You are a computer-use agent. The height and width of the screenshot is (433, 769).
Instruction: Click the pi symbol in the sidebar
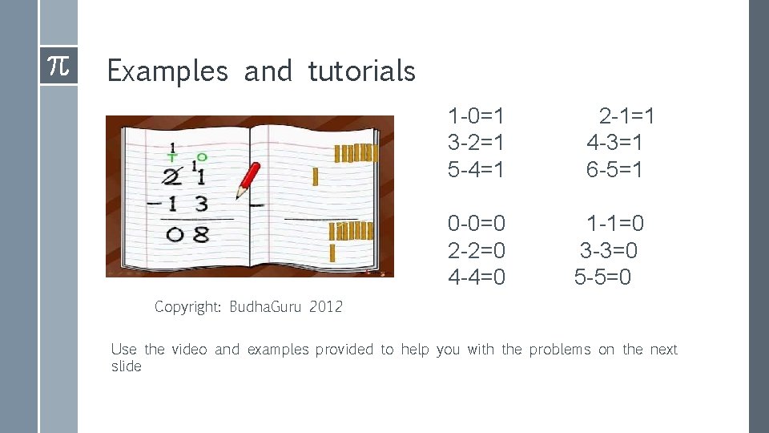coord(58,66)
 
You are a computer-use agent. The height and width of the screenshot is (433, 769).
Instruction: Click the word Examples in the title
coord(167,71)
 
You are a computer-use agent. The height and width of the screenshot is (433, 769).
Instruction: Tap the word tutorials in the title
coord(361,71)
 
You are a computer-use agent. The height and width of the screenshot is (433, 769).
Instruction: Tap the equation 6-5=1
coord(614,170)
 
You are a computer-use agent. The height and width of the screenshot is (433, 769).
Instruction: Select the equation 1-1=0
coord(615,223)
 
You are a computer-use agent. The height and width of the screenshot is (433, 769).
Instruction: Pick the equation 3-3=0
coord(609,250)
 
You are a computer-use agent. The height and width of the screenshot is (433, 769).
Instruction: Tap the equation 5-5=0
coord(602,277)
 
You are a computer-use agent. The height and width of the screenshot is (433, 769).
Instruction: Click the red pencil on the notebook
coord(249,180)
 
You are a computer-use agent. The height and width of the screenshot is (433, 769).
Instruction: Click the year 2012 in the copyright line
coord(325,307)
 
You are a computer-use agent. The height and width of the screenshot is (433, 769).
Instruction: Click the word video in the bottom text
coord(189,350)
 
